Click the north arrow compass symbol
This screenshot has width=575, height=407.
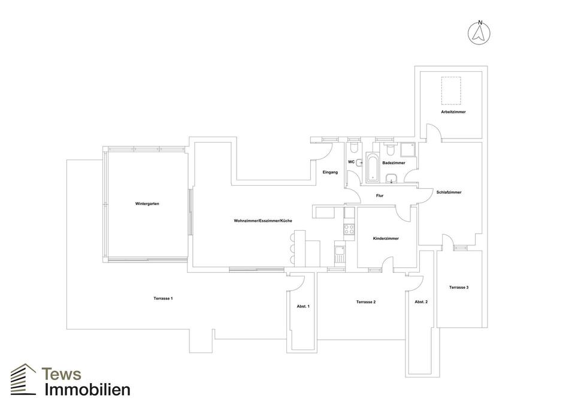point(479,33)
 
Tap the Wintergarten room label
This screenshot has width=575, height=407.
point(147,204)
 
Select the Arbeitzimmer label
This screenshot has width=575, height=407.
point(453,112)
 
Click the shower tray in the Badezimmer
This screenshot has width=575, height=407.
point(408,148)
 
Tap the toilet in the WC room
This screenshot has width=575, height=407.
point(354,147)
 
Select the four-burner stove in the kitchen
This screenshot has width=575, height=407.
point(349,228)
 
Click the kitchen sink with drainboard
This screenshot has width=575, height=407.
point(339,254)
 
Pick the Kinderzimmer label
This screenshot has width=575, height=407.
point(386,239)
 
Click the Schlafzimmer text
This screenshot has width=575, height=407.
point(449,192)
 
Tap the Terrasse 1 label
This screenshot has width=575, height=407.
point(163,299)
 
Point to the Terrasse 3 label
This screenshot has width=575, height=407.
point(459,288)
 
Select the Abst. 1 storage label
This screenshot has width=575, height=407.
point(303,306)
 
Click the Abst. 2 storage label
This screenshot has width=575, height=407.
point(421,302)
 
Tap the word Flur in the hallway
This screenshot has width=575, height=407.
point(379,196)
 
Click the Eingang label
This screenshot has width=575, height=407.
point(330,173)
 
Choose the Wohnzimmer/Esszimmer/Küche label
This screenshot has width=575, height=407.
point(263,221)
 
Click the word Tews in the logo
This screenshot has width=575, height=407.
point(61,374)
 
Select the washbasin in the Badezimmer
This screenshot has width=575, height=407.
point(392,177)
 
